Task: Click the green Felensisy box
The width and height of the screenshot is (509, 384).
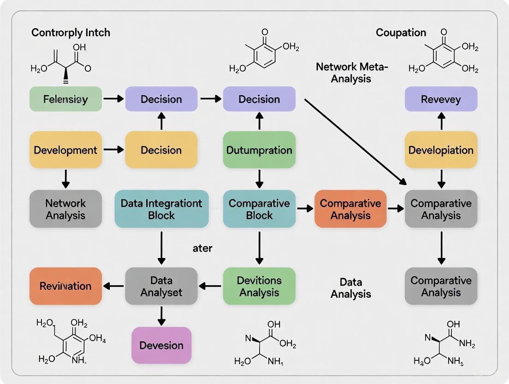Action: coord(65,99)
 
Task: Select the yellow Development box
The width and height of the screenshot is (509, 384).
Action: coord(65,150)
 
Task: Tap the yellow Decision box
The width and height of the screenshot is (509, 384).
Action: coord(161,150)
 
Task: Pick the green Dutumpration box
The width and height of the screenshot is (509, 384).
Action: coord(259,150)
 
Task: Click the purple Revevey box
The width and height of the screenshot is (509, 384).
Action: coord(441,99)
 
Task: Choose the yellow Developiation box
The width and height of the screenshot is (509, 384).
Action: coord(441,150)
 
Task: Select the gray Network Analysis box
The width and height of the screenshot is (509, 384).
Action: coord(65,209)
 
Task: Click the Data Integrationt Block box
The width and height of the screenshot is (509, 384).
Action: coord(161,209)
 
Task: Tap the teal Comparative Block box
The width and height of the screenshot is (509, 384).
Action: coord(259,209)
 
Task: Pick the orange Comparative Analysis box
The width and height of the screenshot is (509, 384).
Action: coord(350,209)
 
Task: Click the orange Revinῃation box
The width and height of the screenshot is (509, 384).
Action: coord(65,286)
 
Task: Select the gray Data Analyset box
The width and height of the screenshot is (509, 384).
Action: coord(161,286)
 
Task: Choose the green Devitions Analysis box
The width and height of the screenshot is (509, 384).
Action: coord(259,286)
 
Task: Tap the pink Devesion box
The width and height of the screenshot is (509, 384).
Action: coord(161,345)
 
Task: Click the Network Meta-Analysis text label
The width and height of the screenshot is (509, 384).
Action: coord(352,72)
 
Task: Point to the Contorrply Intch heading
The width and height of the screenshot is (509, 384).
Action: coord(71,33)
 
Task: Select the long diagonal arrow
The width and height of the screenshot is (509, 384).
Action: coord(355,141)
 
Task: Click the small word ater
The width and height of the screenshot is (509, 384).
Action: coord(202,248)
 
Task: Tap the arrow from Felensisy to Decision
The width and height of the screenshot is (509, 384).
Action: coord(113,99)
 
